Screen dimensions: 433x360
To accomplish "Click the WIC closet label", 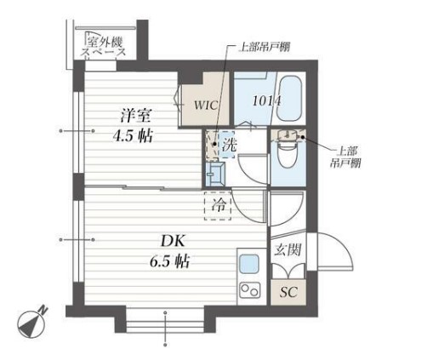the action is point(206,105).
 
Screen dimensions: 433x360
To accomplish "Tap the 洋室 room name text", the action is point(135,116).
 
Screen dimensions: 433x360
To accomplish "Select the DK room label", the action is point(173,242).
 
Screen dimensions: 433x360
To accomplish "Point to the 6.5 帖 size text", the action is point(169,261).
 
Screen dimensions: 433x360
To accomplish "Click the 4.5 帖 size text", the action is point(133,135).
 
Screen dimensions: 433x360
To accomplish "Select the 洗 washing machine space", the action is point(229,145).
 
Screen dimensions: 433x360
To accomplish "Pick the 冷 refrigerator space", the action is point(218,206).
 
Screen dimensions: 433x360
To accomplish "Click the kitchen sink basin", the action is point(249,264).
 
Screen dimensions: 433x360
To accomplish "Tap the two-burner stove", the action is point(250,290).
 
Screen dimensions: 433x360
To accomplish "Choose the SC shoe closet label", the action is point(288,292).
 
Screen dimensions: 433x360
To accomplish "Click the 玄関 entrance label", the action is point(288,249).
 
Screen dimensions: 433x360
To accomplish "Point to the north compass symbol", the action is point(31,323).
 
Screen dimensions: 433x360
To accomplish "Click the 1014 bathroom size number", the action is point(266,100).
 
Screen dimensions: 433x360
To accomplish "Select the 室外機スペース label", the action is point(104,47).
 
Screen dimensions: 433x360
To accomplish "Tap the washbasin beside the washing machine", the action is point(215,174).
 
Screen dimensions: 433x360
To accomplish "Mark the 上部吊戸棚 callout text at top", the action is point(264,47).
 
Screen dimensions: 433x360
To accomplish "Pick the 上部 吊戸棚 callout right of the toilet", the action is point(345,157).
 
